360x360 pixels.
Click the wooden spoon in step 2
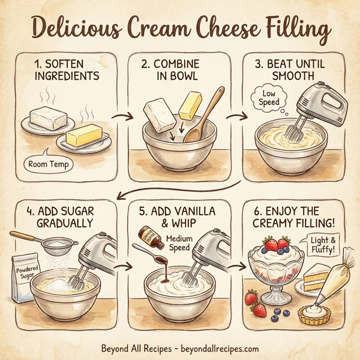204,115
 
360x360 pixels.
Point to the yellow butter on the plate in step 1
83,138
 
